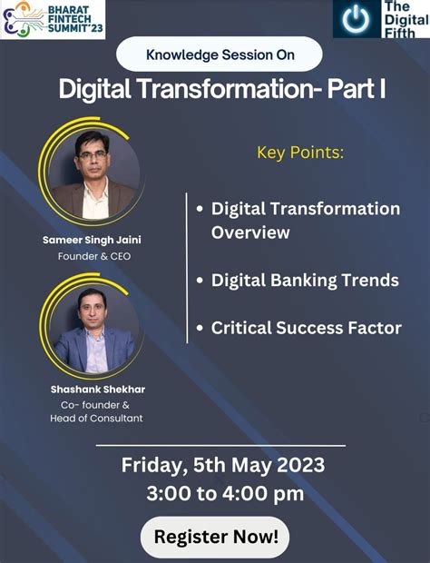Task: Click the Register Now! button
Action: [215, 537]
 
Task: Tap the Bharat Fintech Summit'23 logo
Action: [53, 19]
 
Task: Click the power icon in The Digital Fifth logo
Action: [356, 19]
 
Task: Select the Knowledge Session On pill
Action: [220, 54]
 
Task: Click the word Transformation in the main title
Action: [225, 89]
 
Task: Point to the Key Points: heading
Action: [300, 153]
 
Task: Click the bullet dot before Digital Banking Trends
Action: [200, 281]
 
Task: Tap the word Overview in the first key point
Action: [250, 232]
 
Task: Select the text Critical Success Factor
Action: [307, 328]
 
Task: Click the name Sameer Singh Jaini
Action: [92, 240]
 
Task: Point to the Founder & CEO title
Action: [94, 256]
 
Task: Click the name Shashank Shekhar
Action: [98, 390]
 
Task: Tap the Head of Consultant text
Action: [96, 418]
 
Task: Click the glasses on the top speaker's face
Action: [93, 156]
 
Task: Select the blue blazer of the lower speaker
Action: [94, 351]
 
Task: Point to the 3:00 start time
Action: [169, 493]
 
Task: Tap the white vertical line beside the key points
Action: [187, 268]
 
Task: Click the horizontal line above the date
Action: [221, 446]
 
